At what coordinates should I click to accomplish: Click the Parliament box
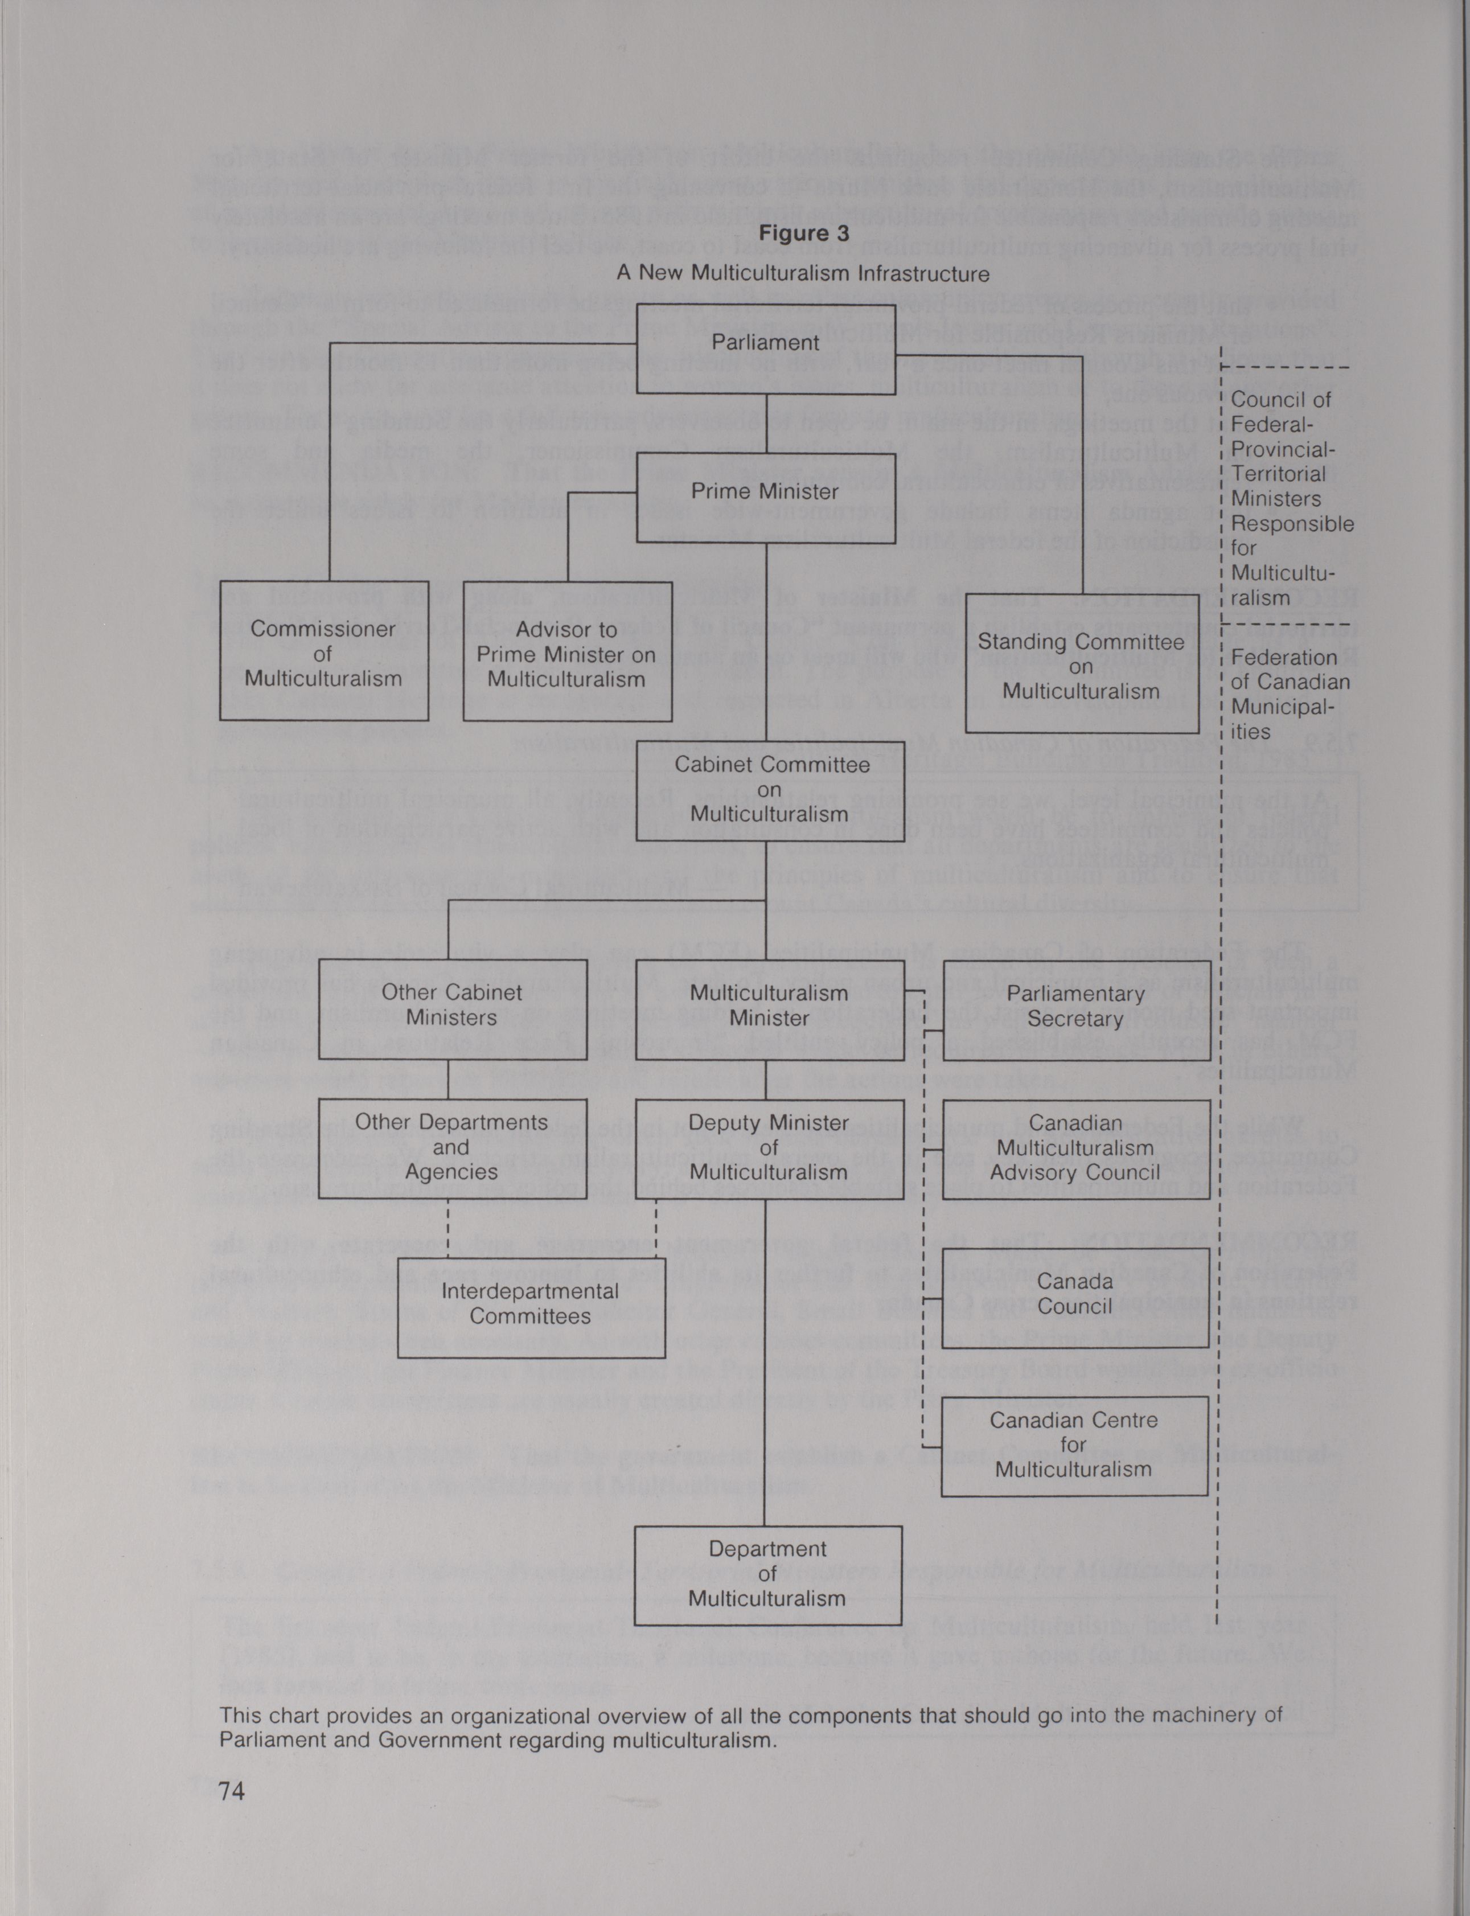[x=766, y=348]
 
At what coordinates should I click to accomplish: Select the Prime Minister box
[x=766, y=497]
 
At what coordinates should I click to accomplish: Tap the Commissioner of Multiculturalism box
[x=324, y=651]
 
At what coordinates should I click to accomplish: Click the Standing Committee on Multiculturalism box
[x=1082, y=668]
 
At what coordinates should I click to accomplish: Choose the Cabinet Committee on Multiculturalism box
[x=770, y=789]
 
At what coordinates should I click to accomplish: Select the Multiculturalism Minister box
[x=769, y=1010]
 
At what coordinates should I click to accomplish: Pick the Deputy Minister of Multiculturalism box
[x=769, y=1148]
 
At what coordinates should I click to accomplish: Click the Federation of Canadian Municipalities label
[x=1290, y=695]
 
